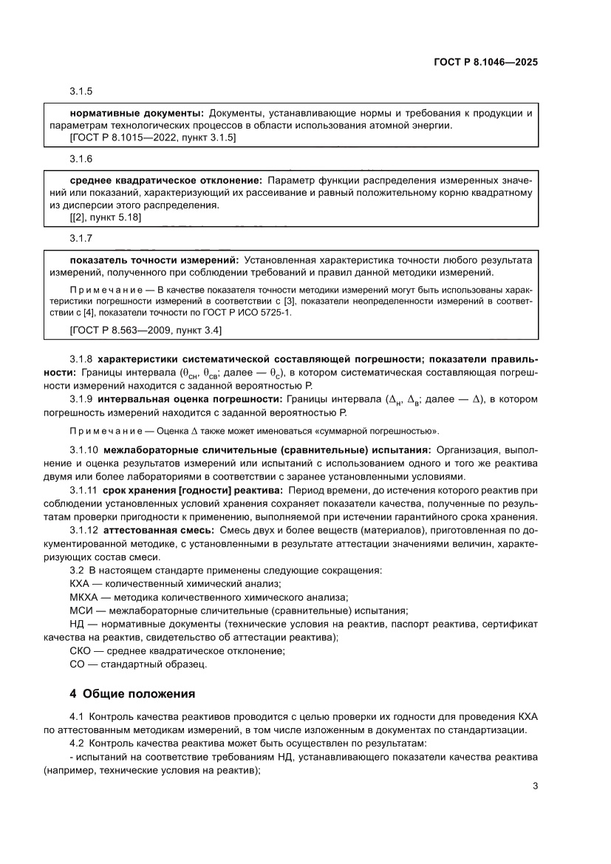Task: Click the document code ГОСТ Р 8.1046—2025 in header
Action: pos(485,63)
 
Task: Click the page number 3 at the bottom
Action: pos(535,786)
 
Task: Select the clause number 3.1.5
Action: pos(81,92)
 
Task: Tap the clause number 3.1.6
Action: pos(81,160)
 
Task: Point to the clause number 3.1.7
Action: pos(81,239)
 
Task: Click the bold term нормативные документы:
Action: pos(137,113)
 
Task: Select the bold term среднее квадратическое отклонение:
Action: pos(166,180)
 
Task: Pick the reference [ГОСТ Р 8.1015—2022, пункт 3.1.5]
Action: pos(152,137)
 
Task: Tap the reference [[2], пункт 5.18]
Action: pos(106,217)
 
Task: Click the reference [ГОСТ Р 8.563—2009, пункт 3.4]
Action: pos(145,330)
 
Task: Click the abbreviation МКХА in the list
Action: pos(83,597)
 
